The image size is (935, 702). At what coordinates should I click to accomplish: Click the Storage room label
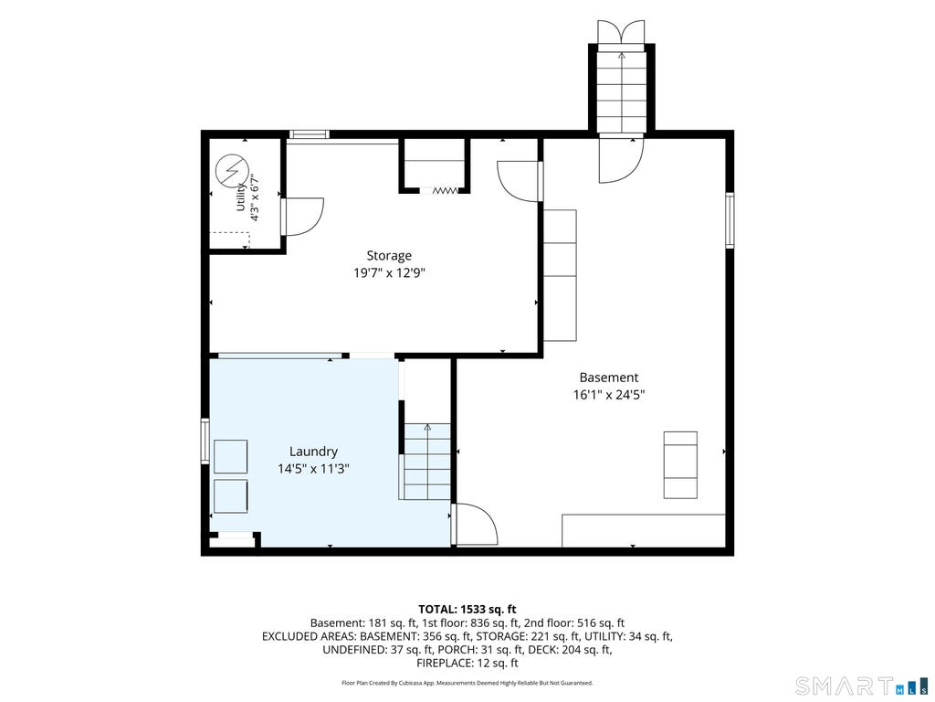click(x=389, y=256)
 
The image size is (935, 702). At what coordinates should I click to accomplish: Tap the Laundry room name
click(x=313, y=452)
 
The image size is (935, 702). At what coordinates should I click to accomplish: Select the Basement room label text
click(x=609, y=378)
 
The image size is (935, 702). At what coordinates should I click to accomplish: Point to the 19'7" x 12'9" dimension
click(x=389, y=273)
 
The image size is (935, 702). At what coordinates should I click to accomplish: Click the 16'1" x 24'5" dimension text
click(x=609, y=395)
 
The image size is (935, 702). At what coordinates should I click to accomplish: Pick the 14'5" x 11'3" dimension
click(x=313, y=469)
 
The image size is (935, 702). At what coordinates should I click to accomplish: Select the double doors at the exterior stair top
click(x=621, y=31)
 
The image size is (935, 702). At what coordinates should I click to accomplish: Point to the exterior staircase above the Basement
click(x=621, y=91)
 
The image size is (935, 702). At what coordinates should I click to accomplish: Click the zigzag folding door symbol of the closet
click(x=445, y=190)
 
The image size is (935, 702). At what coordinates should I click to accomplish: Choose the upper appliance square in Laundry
click(x=231, y=457)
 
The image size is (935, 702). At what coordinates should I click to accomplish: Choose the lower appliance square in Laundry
click(x=231, y=495)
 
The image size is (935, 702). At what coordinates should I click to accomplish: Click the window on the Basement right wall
click(x=730, y=219)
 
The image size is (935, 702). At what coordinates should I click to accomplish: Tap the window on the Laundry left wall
click(x=205, y=441)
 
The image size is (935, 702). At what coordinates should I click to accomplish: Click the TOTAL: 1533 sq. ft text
click(x=467, y=610)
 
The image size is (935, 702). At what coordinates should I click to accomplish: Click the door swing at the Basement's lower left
click(x=475, y=523)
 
